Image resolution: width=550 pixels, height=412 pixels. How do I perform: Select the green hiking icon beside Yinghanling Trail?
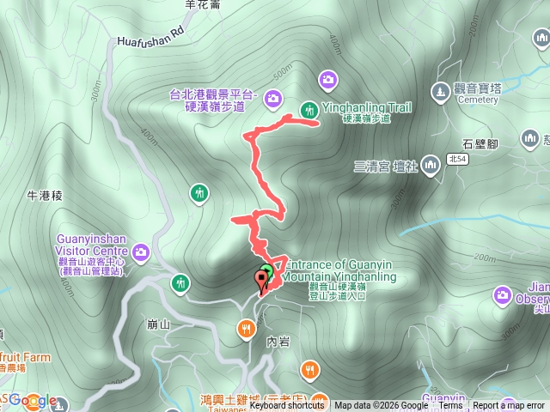point(308,108)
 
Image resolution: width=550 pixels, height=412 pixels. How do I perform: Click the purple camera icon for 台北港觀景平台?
point(272,98)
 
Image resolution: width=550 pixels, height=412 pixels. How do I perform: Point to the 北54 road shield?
point(457,159)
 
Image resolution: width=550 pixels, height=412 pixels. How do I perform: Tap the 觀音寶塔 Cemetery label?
point(478,94)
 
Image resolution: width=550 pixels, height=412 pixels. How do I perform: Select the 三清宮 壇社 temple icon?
point(429,167)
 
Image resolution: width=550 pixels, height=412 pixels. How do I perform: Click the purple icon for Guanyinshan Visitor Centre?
point(139,252)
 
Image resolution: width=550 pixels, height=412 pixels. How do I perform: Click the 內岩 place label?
point(278,341)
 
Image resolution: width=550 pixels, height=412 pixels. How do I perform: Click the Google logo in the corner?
point(33,400)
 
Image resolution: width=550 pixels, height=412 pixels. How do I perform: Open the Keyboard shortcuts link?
point(287,406)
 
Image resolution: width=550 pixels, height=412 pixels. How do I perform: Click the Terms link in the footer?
point(450,406)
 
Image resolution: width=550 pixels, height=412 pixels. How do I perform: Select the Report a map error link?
point(510,406)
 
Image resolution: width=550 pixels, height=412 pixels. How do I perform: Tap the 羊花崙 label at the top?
point(203,4)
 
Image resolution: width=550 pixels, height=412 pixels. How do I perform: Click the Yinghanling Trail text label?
point(366,107)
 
